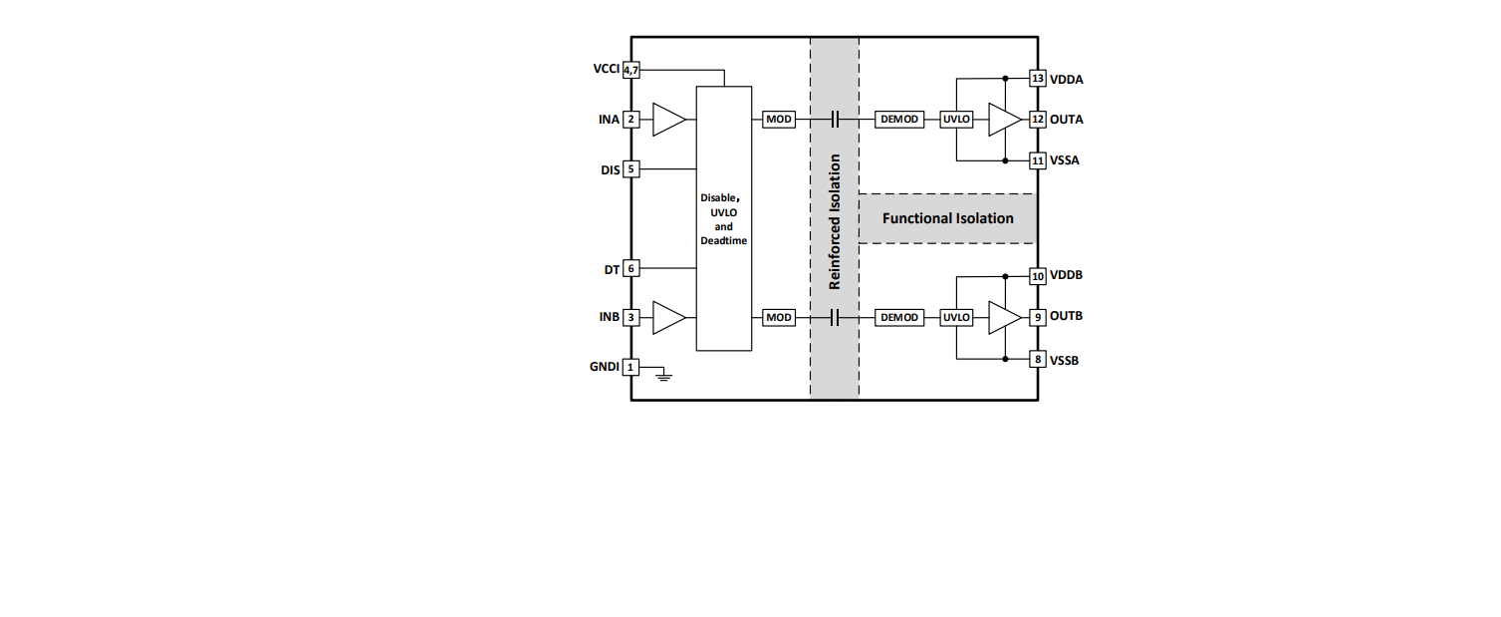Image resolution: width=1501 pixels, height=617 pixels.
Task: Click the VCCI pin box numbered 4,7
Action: [x=631, y=70]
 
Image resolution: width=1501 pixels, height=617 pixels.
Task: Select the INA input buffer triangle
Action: [x=668, y=120]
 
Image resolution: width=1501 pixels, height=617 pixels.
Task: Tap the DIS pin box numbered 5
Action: [x=631, y=169]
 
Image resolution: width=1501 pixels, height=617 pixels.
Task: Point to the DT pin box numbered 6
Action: [x=631, y=268]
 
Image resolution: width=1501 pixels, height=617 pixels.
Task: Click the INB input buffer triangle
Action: [x=668, y=317]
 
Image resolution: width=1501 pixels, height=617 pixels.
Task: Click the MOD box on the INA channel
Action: [x=779, y=120]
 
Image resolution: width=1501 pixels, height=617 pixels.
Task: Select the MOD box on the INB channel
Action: [x=779, y=317]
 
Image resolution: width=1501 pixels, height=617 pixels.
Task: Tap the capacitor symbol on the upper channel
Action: [x=835, y=120]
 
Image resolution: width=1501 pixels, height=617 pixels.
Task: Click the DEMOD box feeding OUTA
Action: [x=899, y=120]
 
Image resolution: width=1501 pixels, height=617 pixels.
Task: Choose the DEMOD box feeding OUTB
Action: [x=899, y=317]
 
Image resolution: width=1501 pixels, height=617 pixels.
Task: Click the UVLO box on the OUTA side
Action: [x=956, y=120]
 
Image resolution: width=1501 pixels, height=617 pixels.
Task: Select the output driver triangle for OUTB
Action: [x=1004, y=317]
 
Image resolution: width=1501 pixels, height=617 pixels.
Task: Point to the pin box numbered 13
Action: [x=1037, y=79]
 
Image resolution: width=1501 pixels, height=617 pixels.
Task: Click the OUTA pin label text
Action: [x=1066, y=120]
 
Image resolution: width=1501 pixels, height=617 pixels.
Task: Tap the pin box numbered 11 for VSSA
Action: [x=1037, y=160]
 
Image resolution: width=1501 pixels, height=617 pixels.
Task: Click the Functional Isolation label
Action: [x=947, y=218]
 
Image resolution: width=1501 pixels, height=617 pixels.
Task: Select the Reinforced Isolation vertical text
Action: [x=835, y=222]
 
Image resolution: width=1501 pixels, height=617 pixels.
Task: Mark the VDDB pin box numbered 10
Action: [x=1037, y=276]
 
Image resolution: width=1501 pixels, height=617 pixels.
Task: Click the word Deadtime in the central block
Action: [x=724, y=241]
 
